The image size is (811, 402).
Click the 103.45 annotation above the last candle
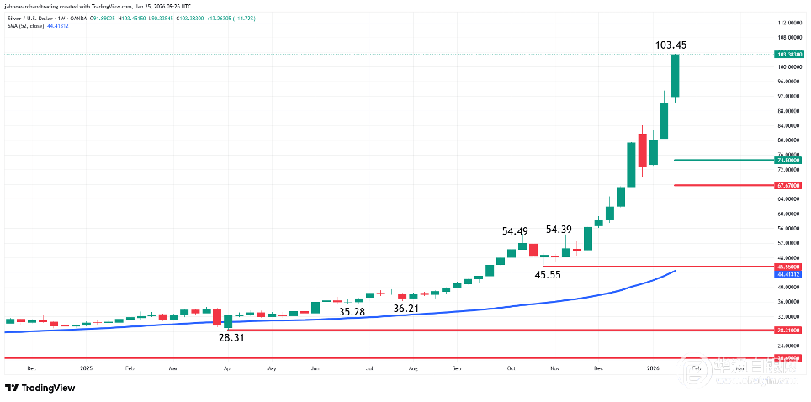pyautogui.click(x=675, y=45)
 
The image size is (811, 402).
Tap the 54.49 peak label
pyautogui.click(x=516, y=231)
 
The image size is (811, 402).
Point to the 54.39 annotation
pyautogui.click(x=559, y=229)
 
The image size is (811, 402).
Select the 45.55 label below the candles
pyautogui.click(x=549, y=274)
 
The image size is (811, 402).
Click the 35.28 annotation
pyautogui.click(x=352, y=312)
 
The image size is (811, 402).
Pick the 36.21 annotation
pyautogui.click(x=406, y=309)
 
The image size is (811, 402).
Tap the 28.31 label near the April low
pyautogui.click(x=230, y=337)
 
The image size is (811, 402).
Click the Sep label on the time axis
pyautogui.click(x=457, y=368)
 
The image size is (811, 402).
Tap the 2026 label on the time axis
pyautogui.click(x=653, y=368)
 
